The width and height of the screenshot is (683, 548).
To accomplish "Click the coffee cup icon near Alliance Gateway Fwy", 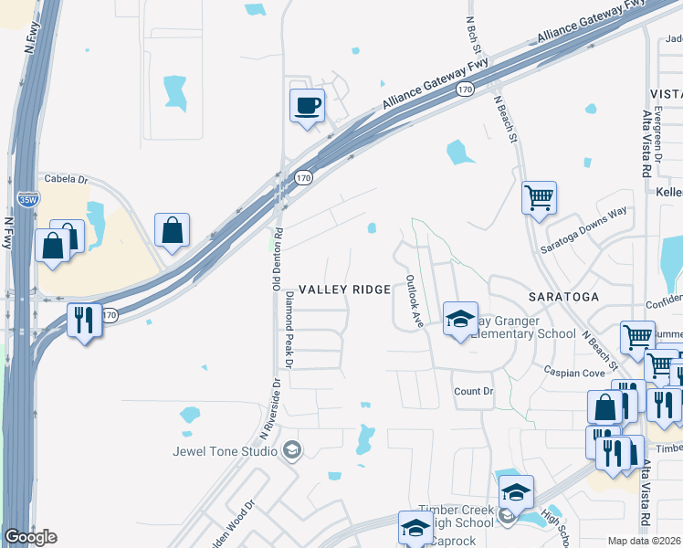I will point(307,105).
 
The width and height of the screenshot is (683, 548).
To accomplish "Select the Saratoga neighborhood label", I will point(563,297).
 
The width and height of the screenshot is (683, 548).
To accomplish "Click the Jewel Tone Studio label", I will point(226,450).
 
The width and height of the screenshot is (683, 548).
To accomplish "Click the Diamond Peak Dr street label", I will point(289,330).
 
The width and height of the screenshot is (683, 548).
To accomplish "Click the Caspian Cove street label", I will point(574,373).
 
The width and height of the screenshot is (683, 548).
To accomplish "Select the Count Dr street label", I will point(473,391).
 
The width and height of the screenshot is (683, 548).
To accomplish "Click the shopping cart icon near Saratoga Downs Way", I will point(539,196).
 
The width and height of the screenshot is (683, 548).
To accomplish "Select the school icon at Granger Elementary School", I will point(460,318).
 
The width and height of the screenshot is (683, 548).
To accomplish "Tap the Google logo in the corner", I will point(30,537).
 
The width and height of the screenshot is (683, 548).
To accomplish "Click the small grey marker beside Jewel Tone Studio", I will point(292,449).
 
